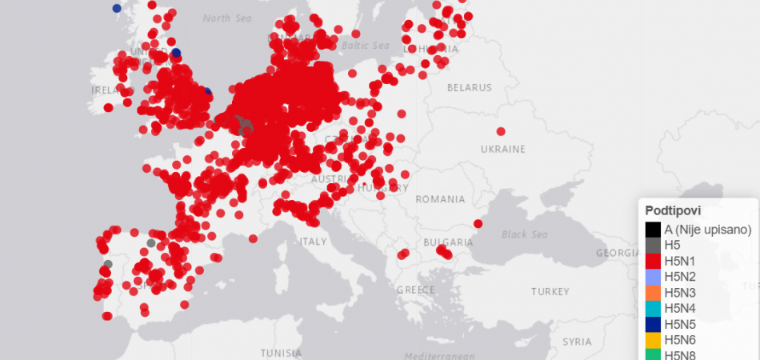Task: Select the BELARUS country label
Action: [470, 87]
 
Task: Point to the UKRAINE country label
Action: [502, 150]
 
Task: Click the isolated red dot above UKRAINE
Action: [501, 131]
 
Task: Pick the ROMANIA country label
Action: [439, 198]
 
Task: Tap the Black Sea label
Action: [524, 234]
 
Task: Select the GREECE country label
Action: [415, 290]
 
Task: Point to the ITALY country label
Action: [313, 241]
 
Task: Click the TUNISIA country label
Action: [282, 352]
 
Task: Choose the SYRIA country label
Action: [577, 341]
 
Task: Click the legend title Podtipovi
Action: [674, 210]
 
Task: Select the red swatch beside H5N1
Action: [654, 261]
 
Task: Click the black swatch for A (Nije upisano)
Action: [654, 229]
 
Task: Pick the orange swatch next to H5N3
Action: [654, 293]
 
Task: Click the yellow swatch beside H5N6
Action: [654, 340]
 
